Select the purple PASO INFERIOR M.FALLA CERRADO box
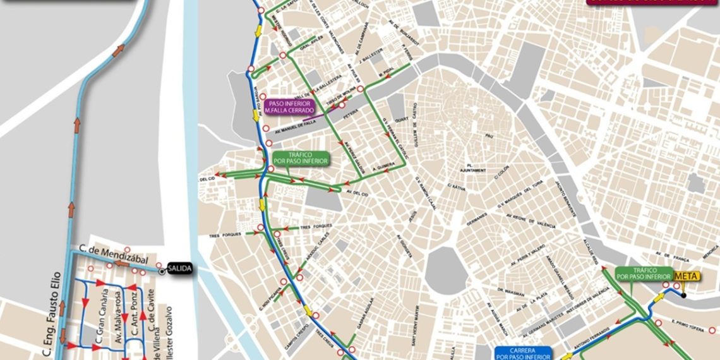point(291,107)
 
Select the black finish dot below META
point(683,295)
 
